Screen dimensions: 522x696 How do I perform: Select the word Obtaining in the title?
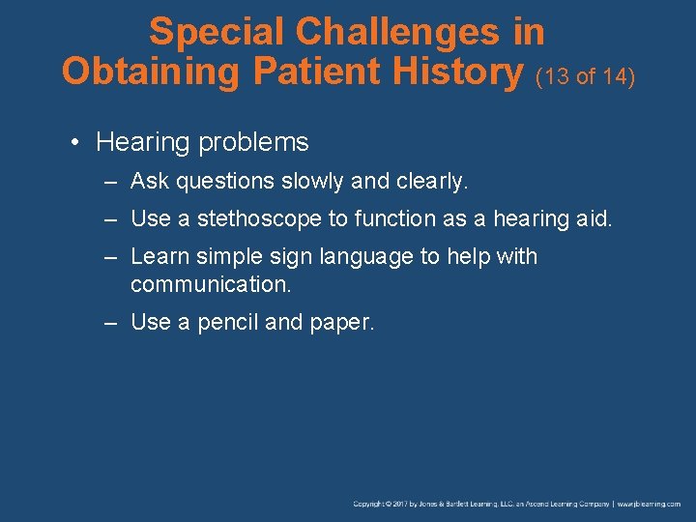[x=141, y=71]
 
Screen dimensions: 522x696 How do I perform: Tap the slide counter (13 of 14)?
[x=585, y=75]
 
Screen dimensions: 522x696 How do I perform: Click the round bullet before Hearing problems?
[x=75, y=143]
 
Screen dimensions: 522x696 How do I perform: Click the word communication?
[x=210, y=285]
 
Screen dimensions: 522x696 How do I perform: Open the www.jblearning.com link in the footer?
[x=649, y=504]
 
